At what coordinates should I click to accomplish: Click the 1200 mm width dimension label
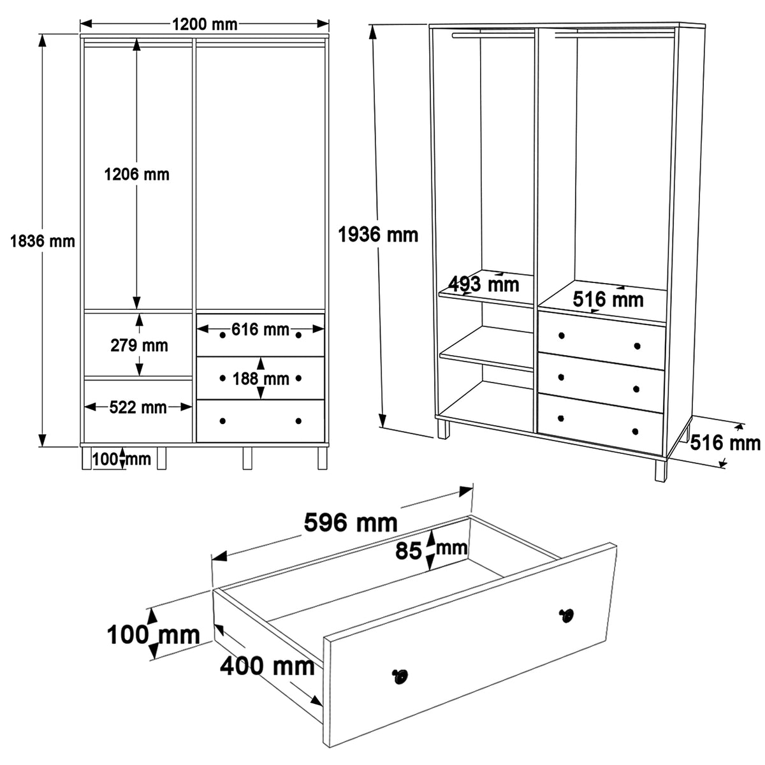pyautogui.click(x=205, y=25)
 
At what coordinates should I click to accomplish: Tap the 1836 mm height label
pyautogui.click(x=43, y=242)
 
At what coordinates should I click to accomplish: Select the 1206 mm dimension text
pyautogui.click(x=136, y=174)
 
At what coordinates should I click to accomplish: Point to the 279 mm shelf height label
pyautogui.click(x=139, y=346)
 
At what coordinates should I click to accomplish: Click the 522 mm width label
pyautogui.click(x=138, y=407)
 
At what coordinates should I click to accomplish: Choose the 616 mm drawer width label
pyautogui.click(x=261, y=329)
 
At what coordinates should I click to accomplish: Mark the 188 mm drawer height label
pyautogui.click(x=261, y=379)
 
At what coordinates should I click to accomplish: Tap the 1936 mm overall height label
pyautogui.click(x=378, y=235)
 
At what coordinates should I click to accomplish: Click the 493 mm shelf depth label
pyautogui.click(x=484, y=284)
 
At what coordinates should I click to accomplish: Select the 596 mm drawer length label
pyautogui.click(x=351, y=523)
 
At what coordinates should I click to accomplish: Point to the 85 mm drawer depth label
pyautogui.click(x=431, y=550)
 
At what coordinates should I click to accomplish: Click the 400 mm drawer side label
pyautogui.click(x=267, y=666)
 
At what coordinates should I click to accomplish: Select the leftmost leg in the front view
pyautogui.click(x=87, y=458)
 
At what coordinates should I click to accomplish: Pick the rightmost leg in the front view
pyautogui.click(x=323, y=458)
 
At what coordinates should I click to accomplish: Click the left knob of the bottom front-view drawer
pyautogui.click(x=222, y=421)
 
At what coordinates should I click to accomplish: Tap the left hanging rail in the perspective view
pyautogui.click(x=493, y=36)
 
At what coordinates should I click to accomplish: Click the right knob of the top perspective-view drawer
pyautogui.click(x=637, y=346)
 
